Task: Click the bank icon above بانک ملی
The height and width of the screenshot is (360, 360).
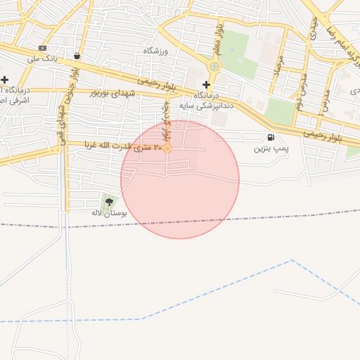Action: click(43, 48)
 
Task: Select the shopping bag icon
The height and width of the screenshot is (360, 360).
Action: click(76, 56)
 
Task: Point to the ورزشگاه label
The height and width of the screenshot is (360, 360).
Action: click(158, 51)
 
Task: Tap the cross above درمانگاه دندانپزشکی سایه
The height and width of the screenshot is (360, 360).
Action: click(206, 84)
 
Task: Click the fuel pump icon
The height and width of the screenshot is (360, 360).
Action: click(271, 138)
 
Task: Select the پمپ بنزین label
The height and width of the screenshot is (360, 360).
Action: click(271, 149)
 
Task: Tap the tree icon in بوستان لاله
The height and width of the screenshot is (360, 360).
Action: click(108, 202)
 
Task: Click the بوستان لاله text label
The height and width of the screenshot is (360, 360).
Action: click(107, 212)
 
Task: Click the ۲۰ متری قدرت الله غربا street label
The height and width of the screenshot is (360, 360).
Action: click(124, 146)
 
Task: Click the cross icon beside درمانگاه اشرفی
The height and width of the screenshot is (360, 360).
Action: click(4, 79)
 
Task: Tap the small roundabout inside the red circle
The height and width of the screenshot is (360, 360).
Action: click(168, 148)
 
